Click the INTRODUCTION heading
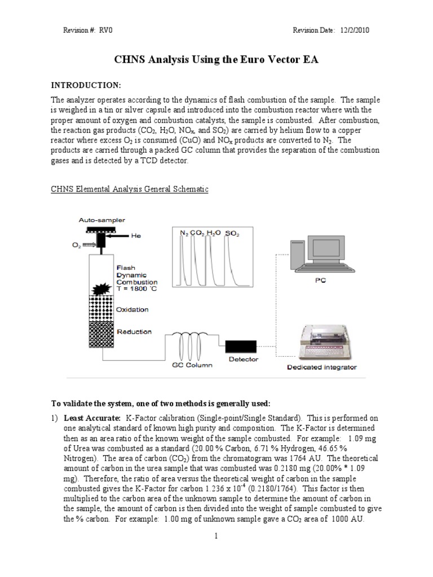point(86,85)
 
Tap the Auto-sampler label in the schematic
point(102,219)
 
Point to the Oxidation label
point(133,309)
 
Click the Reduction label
point(134,331)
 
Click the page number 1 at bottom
point(215,536)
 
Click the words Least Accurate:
point(92,418)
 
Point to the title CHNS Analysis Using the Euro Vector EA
point(216,60)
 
